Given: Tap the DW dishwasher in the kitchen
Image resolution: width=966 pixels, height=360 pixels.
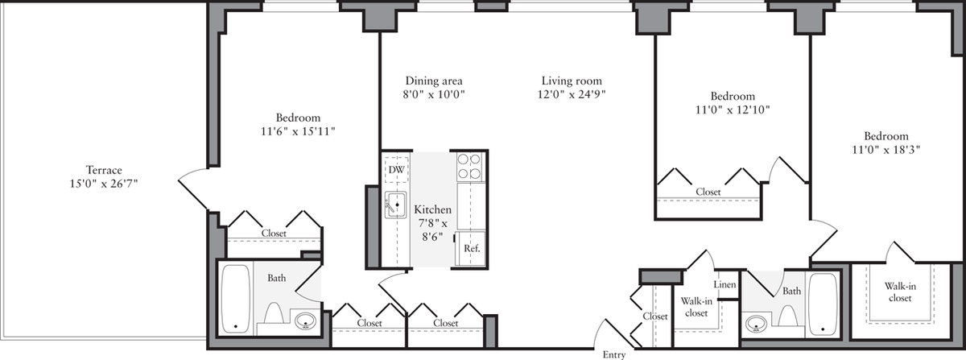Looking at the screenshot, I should (396, 170).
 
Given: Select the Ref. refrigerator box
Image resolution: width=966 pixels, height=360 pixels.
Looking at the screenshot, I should (472, 249).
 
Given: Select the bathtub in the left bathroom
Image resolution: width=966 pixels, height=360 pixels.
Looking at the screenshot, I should (236, 298).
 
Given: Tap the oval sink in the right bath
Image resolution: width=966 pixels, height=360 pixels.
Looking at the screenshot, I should (755, 325).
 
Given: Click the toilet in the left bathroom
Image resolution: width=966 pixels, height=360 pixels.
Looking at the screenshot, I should (272, 317).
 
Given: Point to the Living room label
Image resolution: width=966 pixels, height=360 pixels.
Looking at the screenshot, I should (572, 81).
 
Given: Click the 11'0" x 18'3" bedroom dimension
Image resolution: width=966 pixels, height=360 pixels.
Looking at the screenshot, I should (886, 150).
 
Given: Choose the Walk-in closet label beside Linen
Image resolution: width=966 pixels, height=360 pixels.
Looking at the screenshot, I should (693, 306).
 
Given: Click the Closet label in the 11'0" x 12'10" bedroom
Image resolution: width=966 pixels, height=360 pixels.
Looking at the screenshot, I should (708, 192).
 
